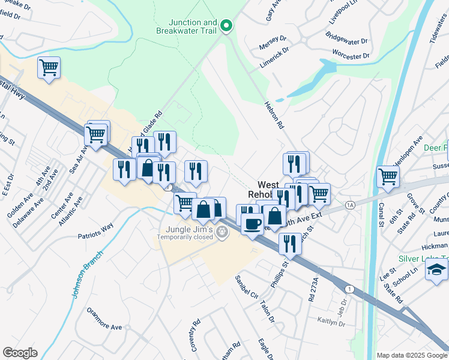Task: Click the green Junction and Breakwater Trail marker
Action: click(x=226, y=25)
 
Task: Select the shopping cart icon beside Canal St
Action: click(x=388, y=177)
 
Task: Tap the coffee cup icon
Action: click(x=252, y=224)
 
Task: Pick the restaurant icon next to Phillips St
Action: click(x=290, y=243)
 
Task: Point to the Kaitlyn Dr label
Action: click(x=331, y=323)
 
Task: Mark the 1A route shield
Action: click(x=351, y=205)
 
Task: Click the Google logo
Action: click(x=20, y=352)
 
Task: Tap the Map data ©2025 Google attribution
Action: click(x=412, y=355)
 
